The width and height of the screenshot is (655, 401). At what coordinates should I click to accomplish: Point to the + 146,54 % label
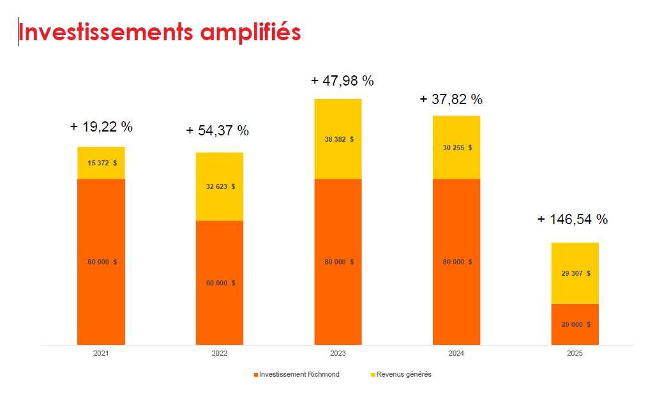(572, 219)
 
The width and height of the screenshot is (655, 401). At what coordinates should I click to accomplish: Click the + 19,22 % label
(101, 126)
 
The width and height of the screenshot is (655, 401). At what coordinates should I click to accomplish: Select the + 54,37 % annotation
(217, 130)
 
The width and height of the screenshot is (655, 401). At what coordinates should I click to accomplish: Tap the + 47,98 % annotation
(342, 80)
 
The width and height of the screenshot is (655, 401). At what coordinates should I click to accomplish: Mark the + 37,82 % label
(451, 99)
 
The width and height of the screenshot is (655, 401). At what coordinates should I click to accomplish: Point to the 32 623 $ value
(220, 186)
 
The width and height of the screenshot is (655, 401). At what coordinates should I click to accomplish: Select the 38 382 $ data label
(338, 139)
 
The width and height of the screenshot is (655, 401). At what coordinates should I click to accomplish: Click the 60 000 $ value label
(220, 283)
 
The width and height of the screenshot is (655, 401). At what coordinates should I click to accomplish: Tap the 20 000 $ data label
(575, 324)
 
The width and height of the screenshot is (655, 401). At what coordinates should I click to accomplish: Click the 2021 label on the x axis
(101, 352)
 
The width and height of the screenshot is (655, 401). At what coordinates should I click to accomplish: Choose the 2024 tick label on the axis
(456, 352)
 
